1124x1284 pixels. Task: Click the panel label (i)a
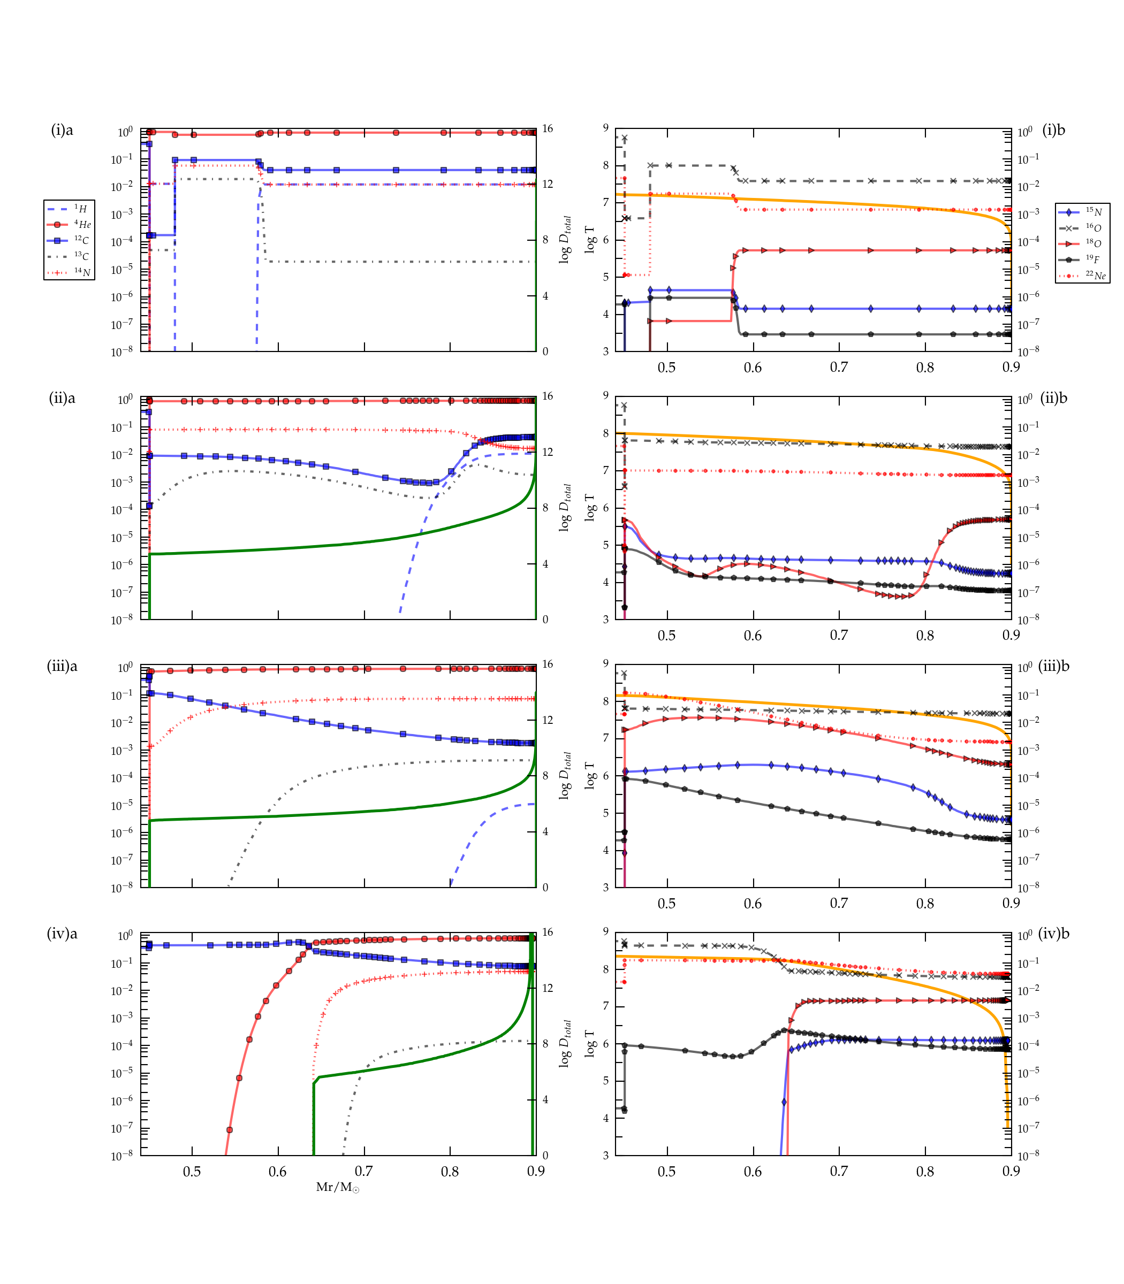tap(62, 131)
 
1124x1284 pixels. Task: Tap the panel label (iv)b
tap(1054, 934)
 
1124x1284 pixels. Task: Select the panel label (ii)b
tap(1054, 398)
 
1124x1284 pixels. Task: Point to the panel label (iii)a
tap(62, 666)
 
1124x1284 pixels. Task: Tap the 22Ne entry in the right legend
tap(1082, 275)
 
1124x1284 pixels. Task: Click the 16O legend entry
tap(1082, 227)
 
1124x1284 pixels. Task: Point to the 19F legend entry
tap(1082, 259)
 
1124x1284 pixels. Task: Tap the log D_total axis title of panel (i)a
tap(565, 240)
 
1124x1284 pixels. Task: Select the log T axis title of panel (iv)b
tap(590, 1043)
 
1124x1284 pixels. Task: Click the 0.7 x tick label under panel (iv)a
tap(364, 1171)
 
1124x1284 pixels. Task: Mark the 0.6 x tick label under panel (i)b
tap(753, 368)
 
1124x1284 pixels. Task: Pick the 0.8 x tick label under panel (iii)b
tap(925, 904)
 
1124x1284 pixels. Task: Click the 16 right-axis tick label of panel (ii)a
tap(548, 396)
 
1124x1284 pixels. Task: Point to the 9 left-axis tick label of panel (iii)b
tap(606, 663)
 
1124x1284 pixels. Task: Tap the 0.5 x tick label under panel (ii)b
tap(667, 636)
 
